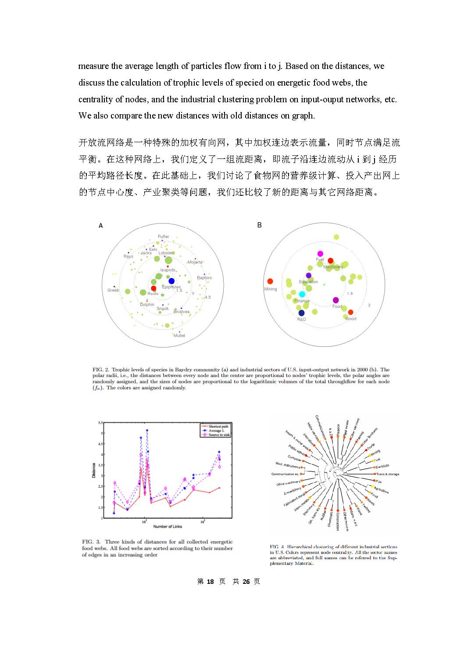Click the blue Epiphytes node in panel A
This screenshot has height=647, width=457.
171,281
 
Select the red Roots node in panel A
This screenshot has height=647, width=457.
154,288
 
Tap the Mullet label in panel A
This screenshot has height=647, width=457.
179,335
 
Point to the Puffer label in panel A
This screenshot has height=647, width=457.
163,237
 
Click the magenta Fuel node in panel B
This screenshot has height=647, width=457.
320,254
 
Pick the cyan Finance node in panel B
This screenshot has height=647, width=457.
302,294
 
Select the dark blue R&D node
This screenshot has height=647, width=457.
301,313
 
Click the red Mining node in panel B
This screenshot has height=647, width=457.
270,281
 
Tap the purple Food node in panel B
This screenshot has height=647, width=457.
336,300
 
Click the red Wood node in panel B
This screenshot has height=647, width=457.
350,312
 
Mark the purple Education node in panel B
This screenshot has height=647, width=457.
309,276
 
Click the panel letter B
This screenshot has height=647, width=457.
259,225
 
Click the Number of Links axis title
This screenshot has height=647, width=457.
168,526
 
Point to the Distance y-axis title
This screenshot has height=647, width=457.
94,470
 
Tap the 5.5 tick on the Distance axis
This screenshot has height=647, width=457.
100,423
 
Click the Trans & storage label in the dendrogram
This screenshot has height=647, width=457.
388,474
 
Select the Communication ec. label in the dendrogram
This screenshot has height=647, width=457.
285,474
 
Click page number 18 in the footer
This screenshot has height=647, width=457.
210,581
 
